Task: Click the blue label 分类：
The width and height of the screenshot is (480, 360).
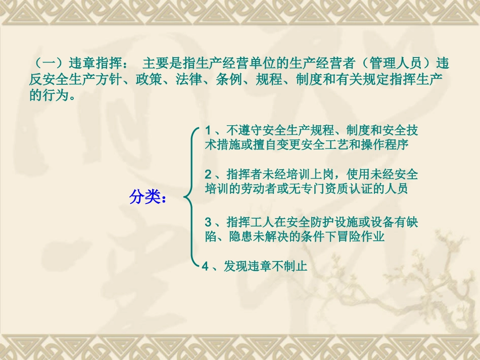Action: pos(148,197)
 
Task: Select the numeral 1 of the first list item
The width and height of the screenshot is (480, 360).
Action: pos(208,131)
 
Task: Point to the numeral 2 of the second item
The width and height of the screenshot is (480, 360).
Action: pos(208,175)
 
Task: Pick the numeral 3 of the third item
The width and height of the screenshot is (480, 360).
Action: pos(208,222)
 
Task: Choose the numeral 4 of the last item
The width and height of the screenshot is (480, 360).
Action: pos(206,266)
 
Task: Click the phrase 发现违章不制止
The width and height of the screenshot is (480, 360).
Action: pos(265,266)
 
